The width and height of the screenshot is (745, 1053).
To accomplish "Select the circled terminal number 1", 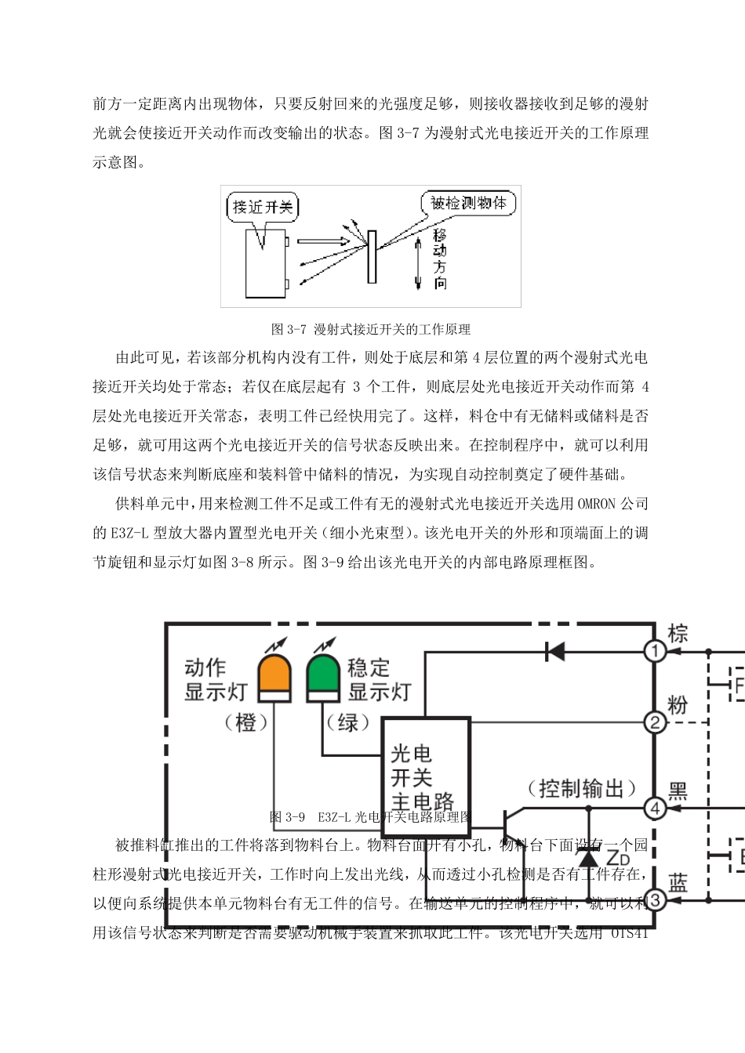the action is tap(655, 651).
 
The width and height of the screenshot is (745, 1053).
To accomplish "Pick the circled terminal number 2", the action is tap(655, 722).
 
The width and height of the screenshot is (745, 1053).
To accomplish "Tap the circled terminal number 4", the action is tap(655, 808).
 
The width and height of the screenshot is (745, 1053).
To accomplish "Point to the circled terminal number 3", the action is tap(655, 899).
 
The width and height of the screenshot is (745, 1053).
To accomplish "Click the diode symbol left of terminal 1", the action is tap(555, 651).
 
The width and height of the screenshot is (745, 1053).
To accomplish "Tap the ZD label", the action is tap(618, 856).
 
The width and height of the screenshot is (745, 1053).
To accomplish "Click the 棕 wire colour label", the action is tap(678, 633).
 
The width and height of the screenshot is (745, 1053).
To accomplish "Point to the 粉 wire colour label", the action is tap(678, 704).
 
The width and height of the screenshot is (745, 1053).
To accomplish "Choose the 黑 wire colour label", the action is tap(678, 790).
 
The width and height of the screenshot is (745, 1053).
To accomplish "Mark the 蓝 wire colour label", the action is tap(678, 883).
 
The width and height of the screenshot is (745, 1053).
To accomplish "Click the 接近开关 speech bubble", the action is tap(263, 207).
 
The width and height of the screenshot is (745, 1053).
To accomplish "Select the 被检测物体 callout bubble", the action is tap(468, 203).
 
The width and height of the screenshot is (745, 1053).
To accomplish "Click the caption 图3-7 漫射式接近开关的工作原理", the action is tap(370, 329).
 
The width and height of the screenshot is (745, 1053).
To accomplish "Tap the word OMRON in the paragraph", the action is tap(597, 504).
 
